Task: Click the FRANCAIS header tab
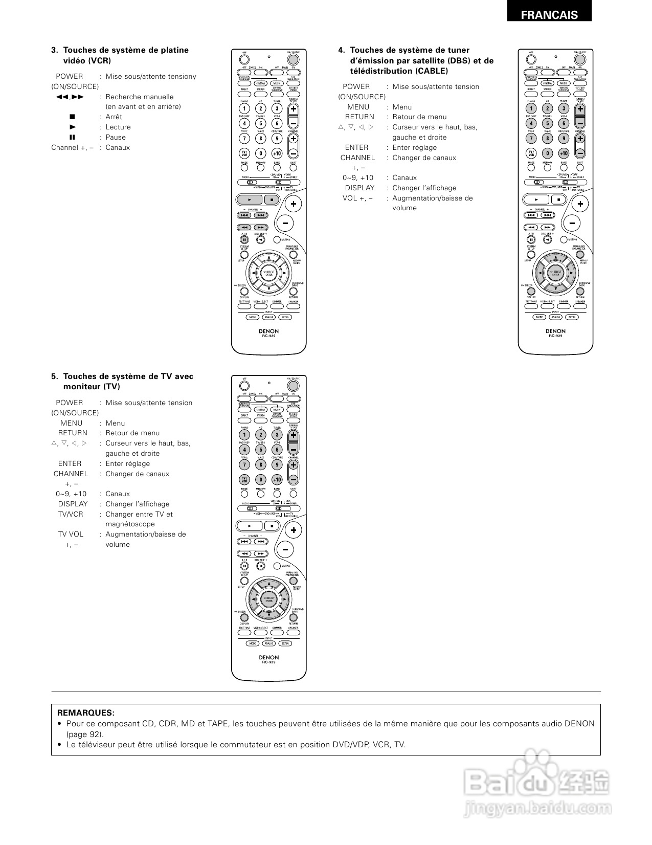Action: coord(549,15)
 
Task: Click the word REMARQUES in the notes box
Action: coord(85,713)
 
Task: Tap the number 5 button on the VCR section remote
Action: coord(260,123)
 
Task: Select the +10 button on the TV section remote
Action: coord(277,479)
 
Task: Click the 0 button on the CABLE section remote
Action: coord(547,153)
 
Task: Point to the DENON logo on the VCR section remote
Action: coord(268,331)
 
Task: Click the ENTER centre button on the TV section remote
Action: coord(268,599)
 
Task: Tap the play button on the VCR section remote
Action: coord(250,199)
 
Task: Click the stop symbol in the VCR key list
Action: coord(72,117)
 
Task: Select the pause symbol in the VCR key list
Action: coord(72,137)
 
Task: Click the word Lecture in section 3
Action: coord(118,127)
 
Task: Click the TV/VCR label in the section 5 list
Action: coord(71,514)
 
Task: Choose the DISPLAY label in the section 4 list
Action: coord(359,188)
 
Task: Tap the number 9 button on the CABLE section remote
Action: coord(564,138)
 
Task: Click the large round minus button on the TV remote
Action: coord(285,549)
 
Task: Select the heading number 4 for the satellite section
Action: coord(341,50)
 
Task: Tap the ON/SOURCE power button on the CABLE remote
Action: coord(580,59)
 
